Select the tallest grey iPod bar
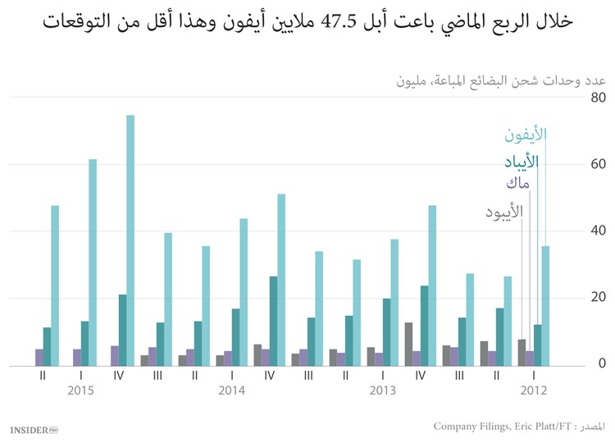coord(408,344)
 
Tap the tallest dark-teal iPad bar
coord(273,321)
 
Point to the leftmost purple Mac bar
coord(39,357)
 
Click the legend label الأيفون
coord(525,134)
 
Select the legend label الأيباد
coord(522,161)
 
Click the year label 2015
coord(80,391)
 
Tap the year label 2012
coord(531,391)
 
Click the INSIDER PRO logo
coord(35,428)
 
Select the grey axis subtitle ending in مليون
coord(501,80)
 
